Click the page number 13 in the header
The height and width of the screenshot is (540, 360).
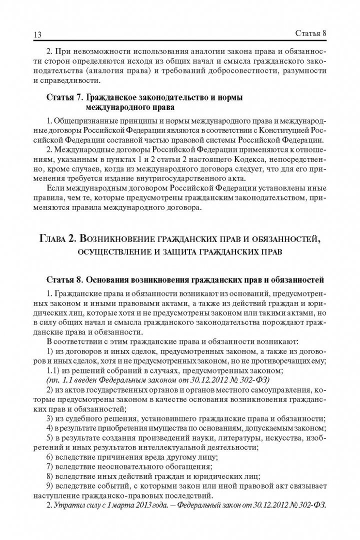pos(36,34)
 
